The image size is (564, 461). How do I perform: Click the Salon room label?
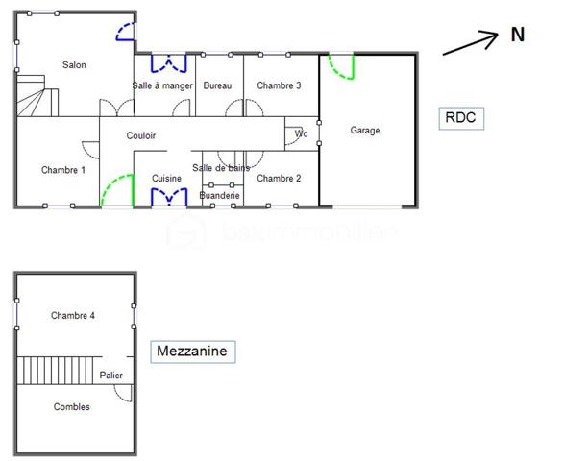coord(74,65)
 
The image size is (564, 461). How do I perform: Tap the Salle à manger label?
coord(162,85)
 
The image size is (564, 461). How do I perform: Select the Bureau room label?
coord(218,85)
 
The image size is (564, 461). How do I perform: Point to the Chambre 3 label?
coord(279,85)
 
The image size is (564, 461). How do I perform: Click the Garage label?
coord(365,130)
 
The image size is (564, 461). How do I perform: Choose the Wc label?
coord(301,133)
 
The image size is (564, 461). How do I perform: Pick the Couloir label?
coord(141,136)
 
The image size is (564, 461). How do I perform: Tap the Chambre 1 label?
coord(63,170)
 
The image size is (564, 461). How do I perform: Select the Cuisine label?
coord(166,179)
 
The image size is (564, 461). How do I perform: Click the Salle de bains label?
coord(221,168)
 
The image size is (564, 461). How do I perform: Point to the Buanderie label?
coord(219,195)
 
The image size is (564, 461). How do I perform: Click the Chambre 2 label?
coord(279,178)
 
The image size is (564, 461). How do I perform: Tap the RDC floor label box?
coord(460,118)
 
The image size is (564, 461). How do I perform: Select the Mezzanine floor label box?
coord(193,352)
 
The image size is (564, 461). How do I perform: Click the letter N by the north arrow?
coord(518,35)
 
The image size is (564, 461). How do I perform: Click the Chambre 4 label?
coord(73,315)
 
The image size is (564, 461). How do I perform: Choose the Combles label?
coord(71,407)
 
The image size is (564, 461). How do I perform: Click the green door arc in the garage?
coord(341,68)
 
